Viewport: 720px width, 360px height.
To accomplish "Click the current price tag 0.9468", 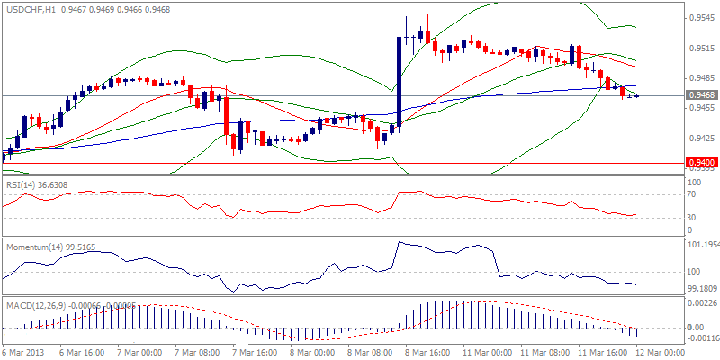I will click(700, 95).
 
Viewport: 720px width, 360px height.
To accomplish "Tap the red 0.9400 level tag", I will click(700, 163).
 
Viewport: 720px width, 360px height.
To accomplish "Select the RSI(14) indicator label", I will click(22, 184).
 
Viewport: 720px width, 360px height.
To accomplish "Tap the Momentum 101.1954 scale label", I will click(702, 245).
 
